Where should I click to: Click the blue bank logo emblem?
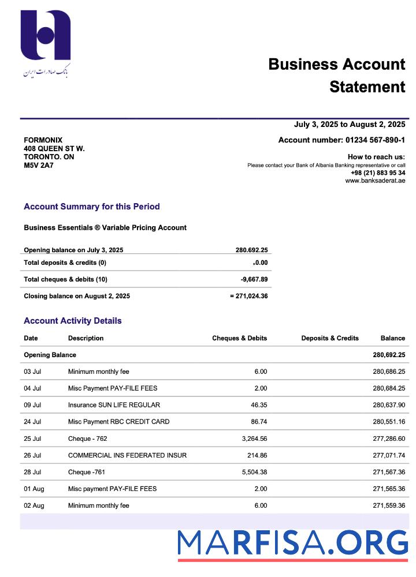[46, 35]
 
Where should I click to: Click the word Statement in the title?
[367, 87]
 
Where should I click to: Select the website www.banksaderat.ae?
[375, 181]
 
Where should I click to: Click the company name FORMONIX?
[43, 140]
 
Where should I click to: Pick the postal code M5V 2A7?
[38, 166]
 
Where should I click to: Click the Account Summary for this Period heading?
[91, 207]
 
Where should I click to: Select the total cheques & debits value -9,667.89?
[254, 279]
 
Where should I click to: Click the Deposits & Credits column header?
[330, 338]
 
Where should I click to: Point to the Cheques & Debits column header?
[239, 338]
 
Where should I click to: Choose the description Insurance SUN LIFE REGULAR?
[114, 405]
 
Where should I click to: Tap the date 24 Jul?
[32, 422]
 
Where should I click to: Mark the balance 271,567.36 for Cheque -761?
[389, 472]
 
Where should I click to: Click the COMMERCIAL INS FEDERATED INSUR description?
[127, 455]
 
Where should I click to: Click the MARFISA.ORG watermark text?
[292, 543]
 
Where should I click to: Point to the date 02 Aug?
[34, 505]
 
